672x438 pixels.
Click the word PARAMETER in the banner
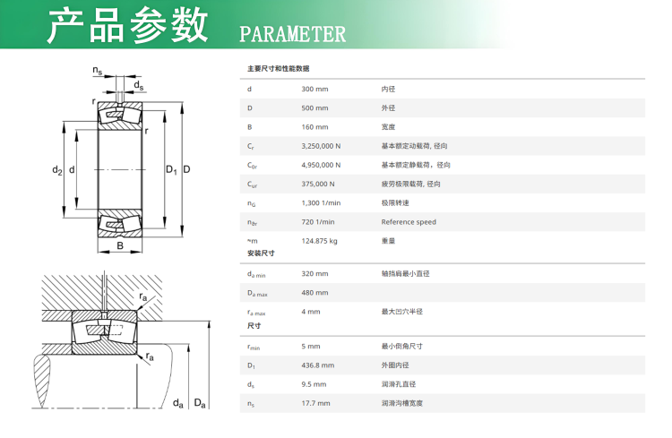(x=292, y=34)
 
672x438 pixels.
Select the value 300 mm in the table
(x=314, y=90)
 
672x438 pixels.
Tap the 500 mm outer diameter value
(x=314, y=108)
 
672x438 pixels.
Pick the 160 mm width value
(x=314, y=127)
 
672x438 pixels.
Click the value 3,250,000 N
(x=321, y=146)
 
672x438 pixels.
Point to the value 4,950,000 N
(x=321, y=165)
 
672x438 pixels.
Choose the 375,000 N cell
(x=318, y=184)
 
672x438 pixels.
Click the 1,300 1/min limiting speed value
(x=321, y=202)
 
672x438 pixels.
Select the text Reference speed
(x=409, y=222)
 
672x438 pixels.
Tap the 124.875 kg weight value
(x=319, y=241)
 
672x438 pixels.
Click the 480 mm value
(x=314, y=293)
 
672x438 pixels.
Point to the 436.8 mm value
(x=317, y=365)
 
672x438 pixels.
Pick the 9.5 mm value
(x=314, y=384)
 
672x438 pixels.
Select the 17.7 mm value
(x=315, y=403)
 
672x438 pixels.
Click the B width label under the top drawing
(x=120, y=245)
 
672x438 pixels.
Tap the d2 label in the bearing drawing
(x=57, y=170)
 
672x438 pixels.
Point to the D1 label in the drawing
(x=171, y=169)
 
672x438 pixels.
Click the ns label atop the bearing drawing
(x=98, y=70)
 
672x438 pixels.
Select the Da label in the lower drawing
(x=200, y=403)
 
